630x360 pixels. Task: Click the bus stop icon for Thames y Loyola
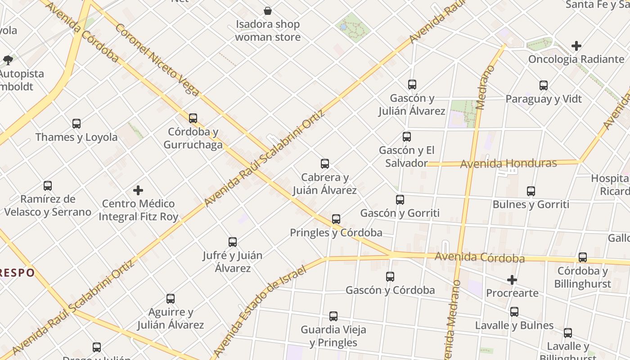pyautogui.click(x=76, y=123)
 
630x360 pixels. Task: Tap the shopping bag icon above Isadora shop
pyautogui.click(x=268, y=10)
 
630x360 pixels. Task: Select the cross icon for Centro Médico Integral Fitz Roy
pyautogui.click(x=138, y=190)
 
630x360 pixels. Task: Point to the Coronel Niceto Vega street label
pyautogui.click(x=157, y=60)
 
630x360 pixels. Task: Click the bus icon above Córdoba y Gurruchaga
pyautogui.click(x=193, y=118)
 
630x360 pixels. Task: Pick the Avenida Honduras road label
pyautogui.click(x=508, y=163)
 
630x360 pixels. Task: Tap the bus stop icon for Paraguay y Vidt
pyautogui.click(x=544, y=85)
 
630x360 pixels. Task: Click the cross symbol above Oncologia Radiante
pyautogui.click(x=576, y=46)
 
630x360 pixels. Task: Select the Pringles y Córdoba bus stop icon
pyautogui.click(x=336, y=219)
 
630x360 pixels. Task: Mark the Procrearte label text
pyautogui.click(x=512, y=293)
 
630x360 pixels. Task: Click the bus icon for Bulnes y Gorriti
pyautogui.click(x=531, y=191)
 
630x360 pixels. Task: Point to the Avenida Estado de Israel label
pyautogui.click(x=258, y=310)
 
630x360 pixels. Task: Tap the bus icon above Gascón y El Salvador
pyautogui.click(x=407, y=137)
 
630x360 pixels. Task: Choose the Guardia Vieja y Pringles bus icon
pyautogui.click(x=333, y=316)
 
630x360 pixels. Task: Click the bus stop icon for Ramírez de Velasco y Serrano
pyautogui.click(x=48, y=185)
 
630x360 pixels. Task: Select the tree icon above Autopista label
pyautogui.click(x=8, y=60)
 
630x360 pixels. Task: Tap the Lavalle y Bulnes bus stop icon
pyautogui.click(x=514, y=311)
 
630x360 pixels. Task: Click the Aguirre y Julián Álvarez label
pyautogui.click(x=171, y=318)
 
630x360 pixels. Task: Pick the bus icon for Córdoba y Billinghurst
pyautogui.click(x=583, y=257)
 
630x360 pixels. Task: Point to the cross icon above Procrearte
pyautogui.click(x=512, y=280)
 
